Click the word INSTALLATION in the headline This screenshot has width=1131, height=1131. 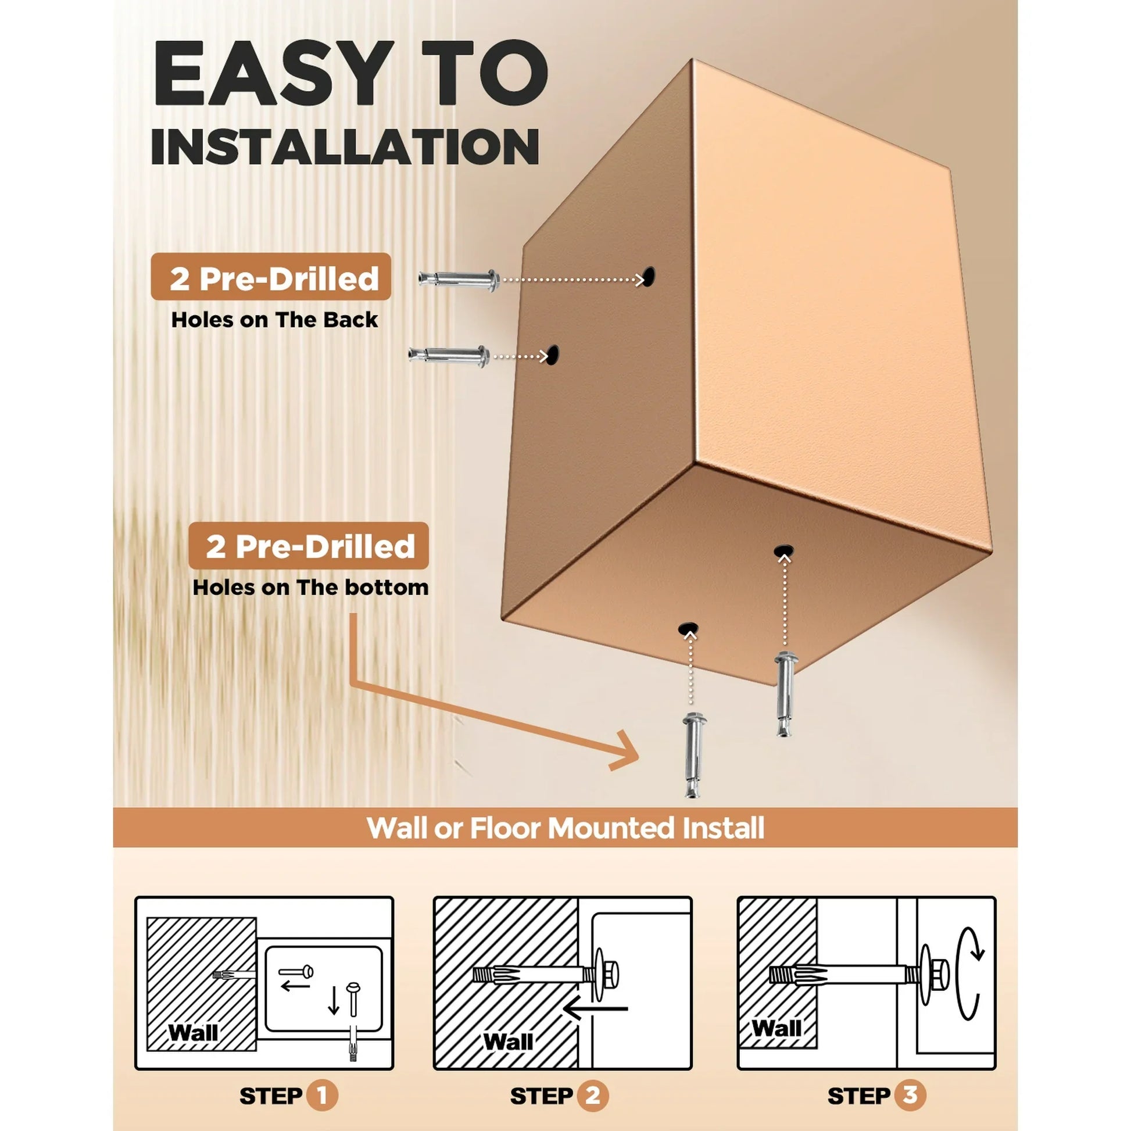coord(345,146)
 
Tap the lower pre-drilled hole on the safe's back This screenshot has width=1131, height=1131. coord(552,355)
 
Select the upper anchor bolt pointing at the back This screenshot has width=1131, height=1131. coord(459,278)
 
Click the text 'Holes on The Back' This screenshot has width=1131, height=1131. coord(274,320)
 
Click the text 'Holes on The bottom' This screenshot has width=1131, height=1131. coord(310,587)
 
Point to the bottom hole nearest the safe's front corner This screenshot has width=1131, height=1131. coord(689,628)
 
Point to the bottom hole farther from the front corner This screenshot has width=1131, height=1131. coord(783,551)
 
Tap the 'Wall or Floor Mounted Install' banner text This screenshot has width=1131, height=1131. coord(565,828)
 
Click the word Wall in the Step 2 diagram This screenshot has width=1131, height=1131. coord(508,1042)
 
